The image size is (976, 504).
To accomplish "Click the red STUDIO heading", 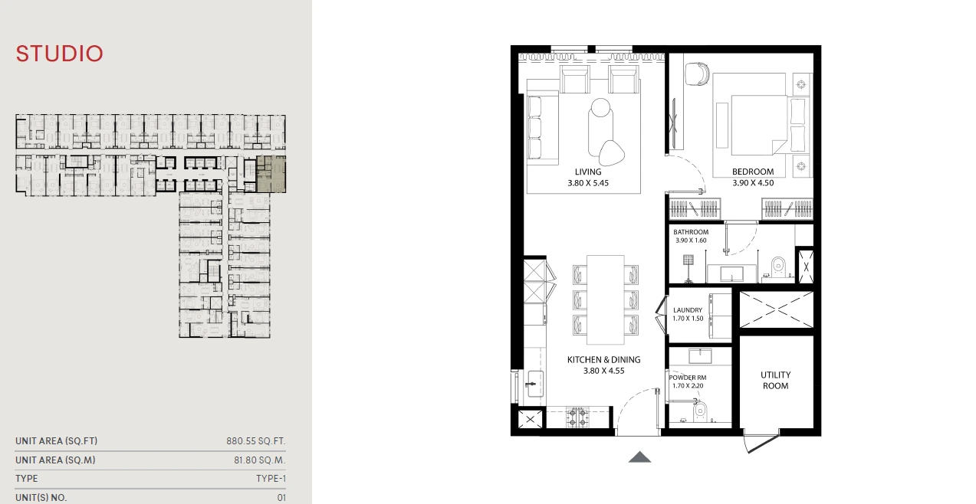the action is (x=59, y=54).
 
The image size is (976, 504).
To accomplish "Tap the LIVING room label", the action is (x=588, y=172).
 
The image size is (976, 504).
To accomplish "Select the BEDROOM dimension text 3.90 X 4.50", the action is (x=753, y=183).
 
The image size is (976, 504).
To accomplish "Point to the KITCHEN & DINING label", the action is (x=604, y=359).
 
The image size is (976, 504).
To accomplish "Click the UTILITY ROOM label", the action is (x=776, y=381).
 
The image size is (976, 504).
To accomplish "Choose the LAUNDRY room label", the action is (x=688, y=310).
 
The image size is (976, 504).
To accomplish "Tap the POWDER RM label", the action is (x=688, y=378).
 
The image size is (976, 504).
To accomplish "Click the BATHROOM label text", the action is (x=691, y=232).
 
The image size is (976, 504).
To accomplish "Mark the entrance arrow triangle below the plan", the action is (x=639, y=457).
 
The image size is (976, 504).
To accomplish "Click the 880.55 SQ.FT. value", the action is (x=256, y=441).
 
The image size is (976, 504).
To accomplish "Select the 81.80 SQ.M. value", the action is (x=260, y=460).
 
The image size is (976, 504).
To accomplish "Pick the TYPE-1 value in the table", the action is (x=271, y=479).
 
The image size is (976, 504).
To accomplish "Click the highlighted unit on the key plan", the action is (x=271, y=174).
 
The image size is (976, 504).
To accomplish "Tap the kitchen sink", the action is (x=535, y=384).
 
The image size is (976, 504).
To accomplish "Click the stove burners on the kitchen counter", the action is (x=578, y=417).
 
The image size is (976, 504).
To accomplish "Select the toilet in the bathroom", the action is (x=778, y=267).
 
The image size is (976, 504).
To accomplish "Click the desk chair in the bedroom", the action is (x=697, y=74).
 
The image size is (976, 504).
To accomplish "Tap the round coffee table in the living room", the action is (x=600, y=107).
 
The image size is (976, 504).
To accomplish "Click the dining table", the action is (x=606, y=300).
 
